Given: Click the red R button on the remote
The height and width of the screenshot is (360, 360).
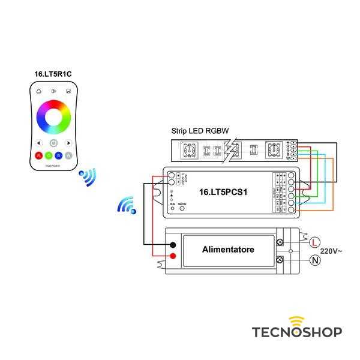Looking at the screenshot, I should pyautogui.click(x=38, y=156).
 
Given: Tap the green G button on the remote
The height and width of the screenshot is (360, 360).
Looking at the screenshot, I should pyautogui.click(x=49, y=156).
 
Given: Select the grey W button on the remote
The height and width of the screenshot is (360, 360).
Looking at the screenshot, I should pyautogui.click(x=69, y=156).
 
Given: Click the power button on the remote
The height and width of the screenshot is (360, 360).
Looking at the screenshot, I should pyautogui.click(x=53, y=143).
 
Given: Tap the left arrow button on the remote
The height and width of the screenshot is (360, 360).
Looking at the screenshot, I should pyautogui.click(x=38, y=143).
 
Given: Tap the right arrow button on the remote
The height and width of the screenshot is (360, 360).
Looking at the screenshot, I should pyautogui.click(x=69, y=143).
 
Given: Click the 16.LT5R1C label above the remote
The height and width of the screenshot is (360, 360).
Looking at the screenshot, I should pyautogui.click(x=53, y=74).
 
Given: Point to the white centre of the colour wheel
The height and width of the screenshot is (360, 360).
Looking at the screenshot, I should pyautogui.click(x=53, y=115).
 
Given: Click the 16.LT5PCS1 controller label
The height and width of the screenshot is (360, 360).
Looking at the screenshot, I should pyautogui.click(x=223, y=193).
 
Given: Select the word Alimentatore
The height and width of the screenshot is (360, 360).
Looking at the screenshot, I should pyautogui.click(x=228, y=249).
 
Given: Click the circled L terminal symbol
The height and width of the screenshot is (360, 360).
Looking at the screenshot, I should pyautogui.click(x=314, y=242).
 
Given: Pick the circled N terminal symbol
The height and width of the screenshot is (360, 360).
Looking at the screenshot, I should pyautogui.click(x=314, y=260).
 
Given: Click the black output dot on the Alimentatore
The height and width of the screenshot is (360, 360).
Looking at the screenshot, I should pyautogui.click(x=173, y=245).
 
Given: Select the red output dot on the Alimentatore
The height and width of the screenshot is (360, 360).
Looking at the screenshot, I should pyautogui.click(x=173, y=257).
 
